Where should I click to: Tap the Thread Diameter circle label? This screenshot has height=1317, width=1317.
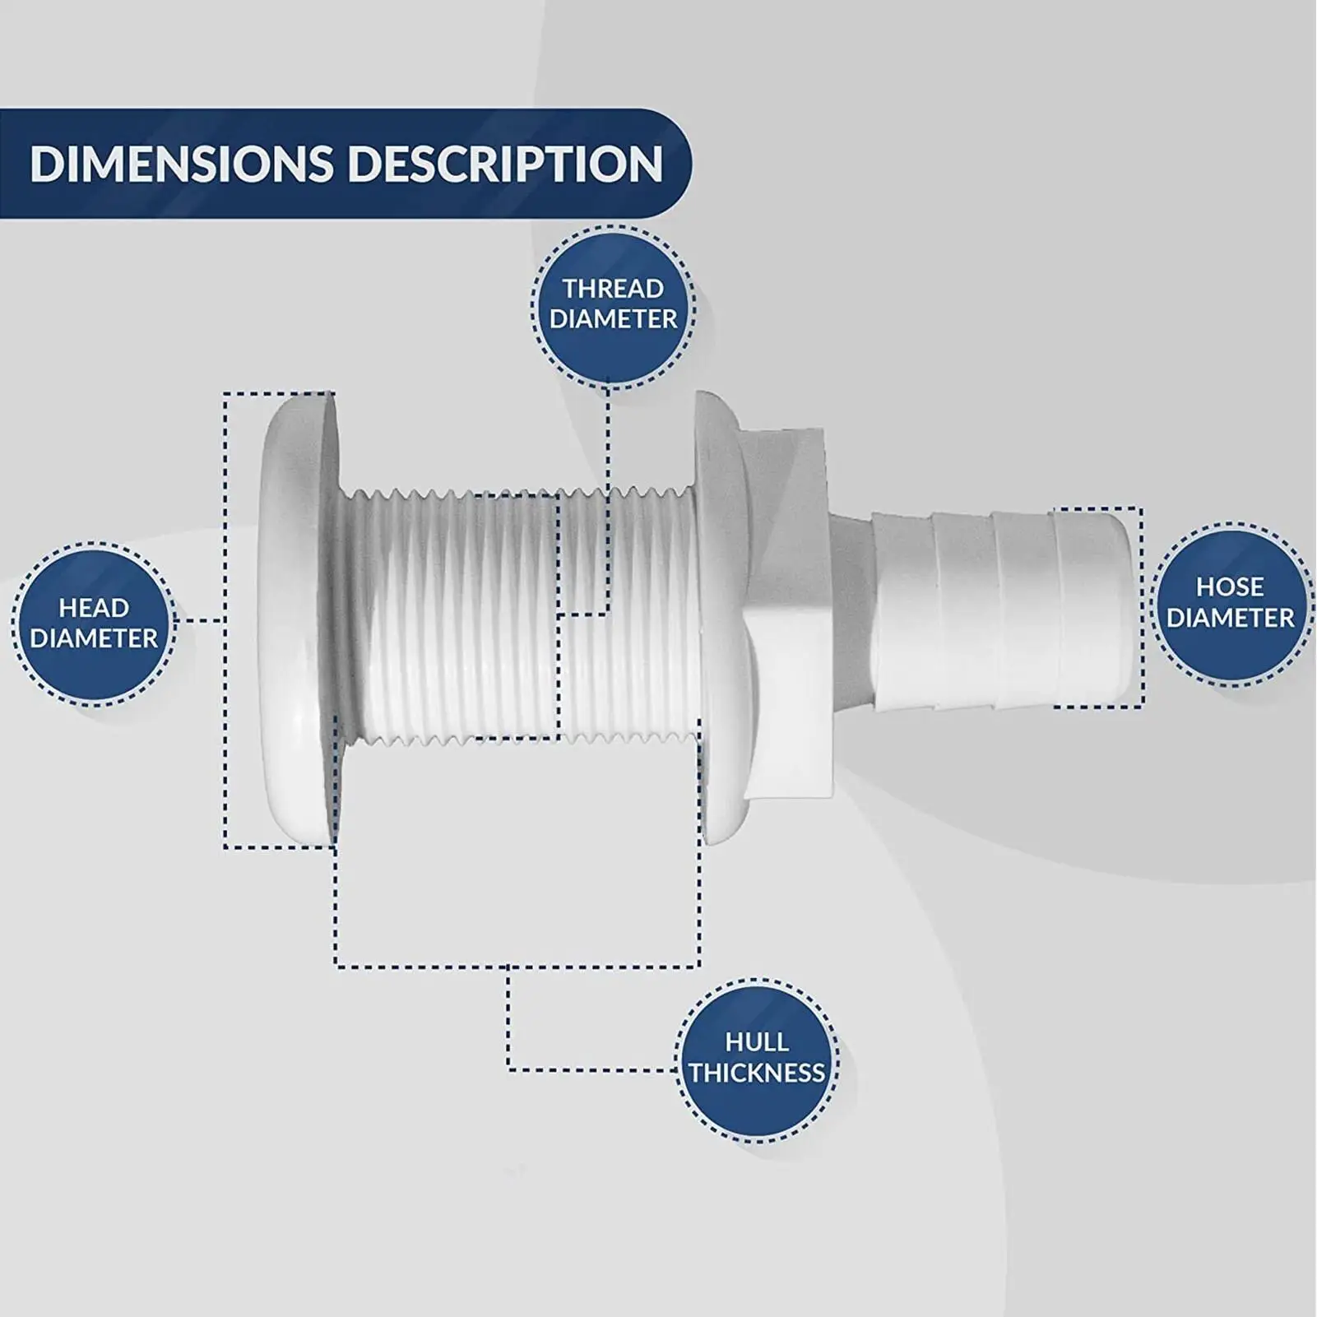point(613,304)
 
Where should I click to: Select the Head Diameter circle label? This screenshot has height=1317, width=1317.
point(94,623)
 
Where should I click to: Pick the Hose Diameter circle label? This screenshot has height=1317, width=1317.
point(1231,602)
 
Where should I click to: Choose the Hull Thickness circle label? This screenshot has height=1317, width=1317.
point(757,1058)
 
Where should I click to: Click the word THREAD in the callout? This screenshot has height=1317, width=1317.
point(613,289)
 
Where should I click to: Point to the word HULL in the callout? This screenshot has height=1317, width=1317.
point(757,1042)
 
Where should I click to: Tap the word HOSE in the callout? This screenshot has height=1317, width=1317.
point(1231,587)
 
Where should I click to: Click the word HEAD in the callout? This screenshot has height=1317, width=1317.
point(94,608)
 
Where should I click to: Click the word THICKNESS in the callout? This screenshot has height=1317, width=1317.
point(757,1073)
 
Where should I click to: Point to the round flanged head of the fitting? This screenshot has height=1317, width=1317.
point(299,619)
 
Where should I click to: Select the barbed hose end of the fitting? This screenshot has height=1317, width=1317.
point(987,610)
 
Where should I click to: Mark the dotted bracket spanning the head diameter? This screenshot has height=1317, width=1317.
point(225,620)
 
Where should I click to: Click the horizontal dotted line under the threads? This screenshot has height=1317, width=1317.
point(517,965)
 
